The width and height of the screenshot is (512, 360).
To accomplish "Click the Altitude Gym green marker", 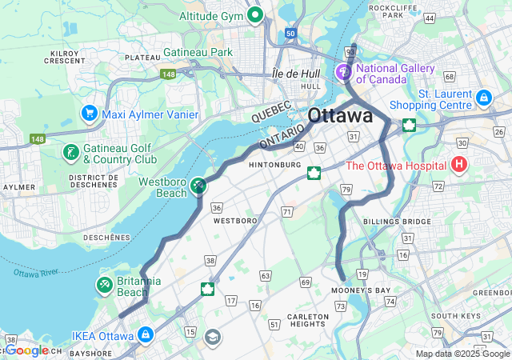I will (x=256, y=14).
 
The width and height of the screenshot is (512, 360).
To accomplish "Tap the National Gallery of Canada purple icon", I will (x=344, y=73).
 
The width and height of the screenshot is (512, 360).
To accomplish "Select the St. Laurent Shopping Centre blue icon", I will (x=482, y=98).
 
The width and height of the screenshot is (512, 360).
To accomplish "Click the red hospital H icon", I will (x=459, y=166).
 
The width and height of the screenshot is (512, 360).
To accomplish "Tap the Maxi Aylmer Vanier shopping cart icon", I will (x=89, y=114).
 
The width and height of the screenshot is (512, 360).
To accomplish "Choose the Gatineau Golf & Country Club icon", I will (x=71, y=152).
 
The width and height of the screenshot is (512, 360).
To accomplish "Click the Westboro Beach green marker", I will (x=198, y=186).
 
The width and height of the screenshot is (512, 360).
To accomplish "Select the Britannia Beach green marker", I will (x=105, y=285).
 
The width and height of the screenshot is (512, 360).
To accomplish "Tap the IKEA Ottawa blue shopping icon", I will (x=145, y=334).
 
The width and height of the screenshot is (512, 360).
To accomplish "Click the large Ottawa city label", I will (x=340, y=115).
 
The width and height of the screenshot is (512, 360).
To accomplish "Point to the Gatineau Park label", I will (x=198, y=52).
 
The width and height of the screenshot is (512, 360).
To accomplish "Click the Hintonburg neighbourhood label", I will (x=274, y=165).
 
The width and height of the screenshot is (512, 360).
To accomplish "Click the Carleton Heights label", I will (x=308, y=321).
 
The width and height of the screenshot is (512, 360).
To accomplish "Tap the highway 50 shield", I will (x=289, y=34).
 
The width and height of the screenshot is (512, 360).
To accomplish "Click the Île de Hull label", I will (x=296, y=73).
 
